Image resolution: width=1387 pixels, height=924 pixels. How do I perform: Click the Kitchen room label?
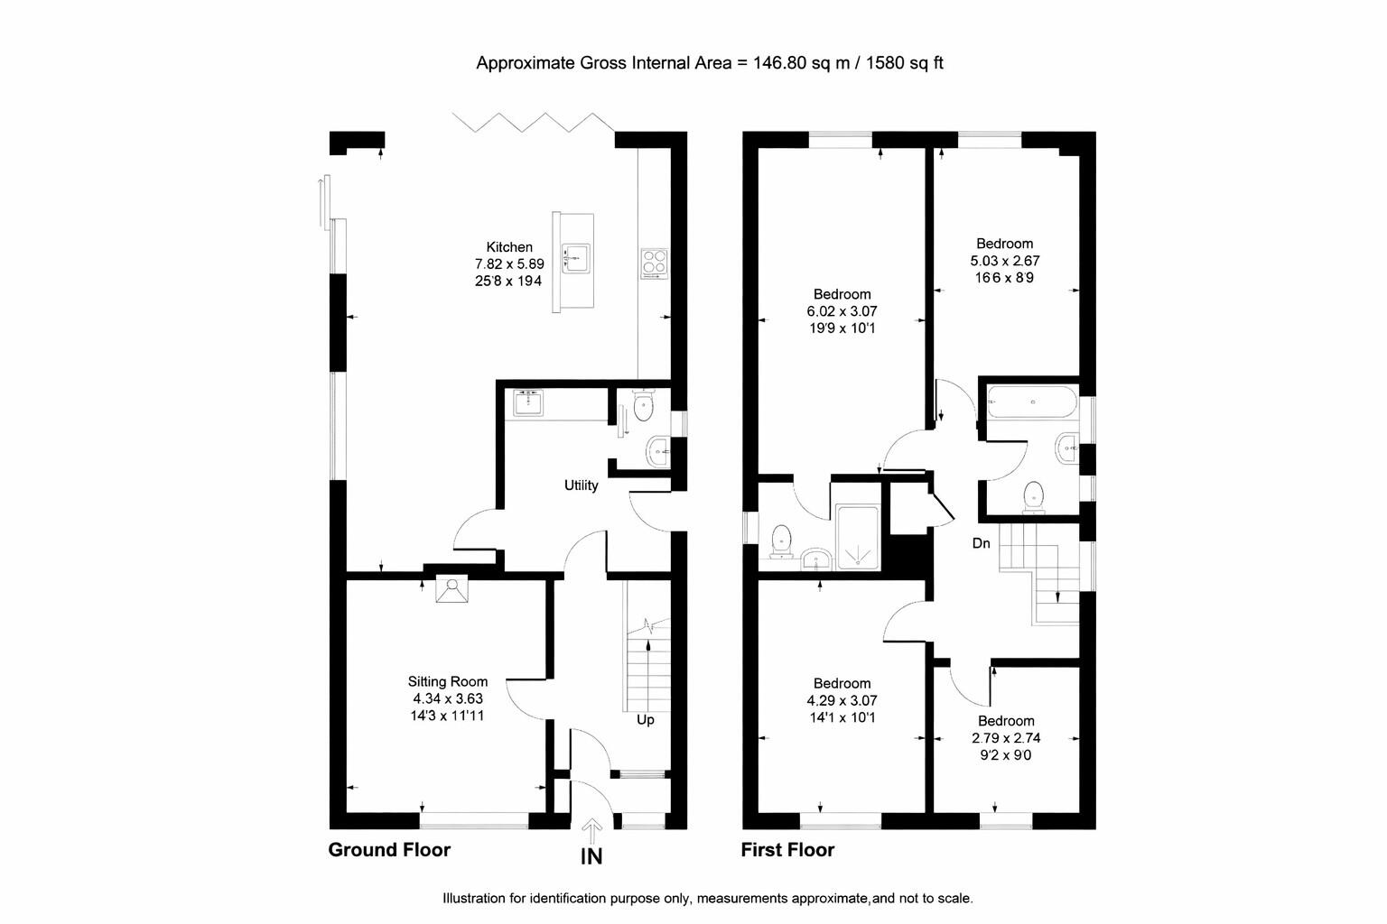[509, 247]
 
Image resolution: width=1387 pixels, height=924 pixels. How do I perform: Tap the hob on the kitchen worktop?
[654, 262]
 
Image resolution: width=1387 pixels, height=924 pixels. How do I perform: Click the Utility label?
[581, 485]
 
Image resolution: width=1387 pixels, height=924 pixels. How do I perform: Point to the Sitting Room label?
[447, 682]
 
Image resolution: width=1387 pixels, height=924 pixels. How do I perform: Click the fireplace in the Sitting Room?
[451, 589]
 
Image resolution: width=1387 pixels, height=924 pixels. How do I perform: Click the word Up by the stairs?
[646, 720]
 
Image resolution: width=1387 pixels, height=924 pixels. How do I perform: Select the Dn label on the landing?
[981, 543]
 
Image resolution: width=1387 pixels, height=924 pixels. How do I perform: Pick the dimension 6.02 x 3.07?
[842, 311]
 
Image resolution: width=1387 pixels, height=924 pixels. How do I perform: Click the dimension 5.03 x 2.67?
[1004, 261]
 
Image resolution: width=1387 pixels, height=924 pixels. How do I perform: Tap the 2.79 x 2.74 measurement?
[1006, 738]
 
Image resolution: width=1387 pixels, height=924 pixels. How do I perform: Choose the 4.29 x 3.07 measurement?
[842, 700]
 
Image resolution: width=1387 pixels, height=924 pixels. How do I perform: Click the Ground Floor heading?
[388, 850]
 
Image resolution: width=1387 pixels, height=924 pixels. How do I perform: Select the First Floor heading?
[787, 850]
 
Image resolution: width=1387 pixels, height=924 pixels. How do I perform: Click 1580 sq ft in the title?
[905, 63]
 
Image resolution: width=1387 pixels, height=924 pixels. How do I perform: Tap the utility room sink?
[527, 402]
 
